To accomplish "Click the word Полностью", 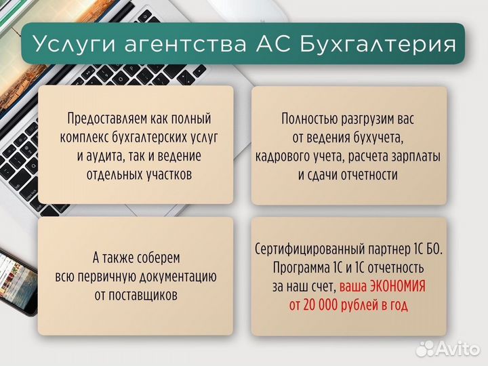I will pyautogui.click(x=310, y=119).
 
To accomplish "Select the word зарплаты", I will pyautogui.click(x=412, y=157).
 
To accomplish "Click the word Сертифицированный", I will pyautogui.click(x=314, y=249).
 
